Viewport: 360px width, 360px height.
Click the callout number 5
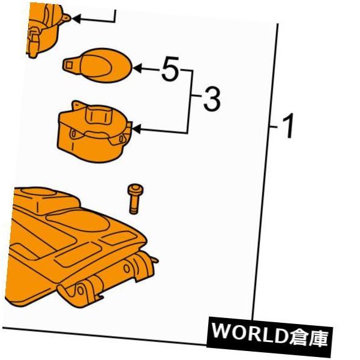[170, 68]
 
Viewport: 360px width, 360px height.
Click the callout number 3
[212, 100]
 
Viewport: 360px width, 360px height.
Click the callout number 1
[288, 126]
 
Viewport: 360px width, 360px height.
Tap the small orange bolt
[135, 199]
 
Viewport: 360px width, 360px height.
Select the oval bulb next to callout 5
[98, 65]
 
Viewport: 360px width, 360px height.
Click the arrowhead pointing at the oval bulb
[137, 68]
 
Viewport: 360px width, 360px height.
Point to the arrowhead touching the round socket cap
[136, 129]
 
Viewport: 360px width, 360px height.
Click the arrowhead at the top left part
[76, 19]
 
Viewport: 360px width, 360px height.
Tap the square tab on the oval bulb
[68, 65]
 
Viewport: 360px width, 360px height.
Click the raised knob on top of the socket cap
[98, 115]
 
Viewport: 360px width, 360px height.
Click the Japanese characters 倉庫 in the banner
[308, 337]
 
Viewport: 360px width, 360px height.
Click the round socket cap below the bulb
[94, 132]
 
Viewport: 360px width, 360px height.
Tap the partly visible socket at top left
[46, 29]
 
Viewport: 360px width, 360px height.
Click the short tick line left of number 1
[274, 127]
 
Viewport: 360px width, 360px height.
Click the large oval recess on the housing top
[77, 220]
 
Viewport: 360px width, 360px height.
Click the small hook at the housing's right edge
[155, 260]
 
